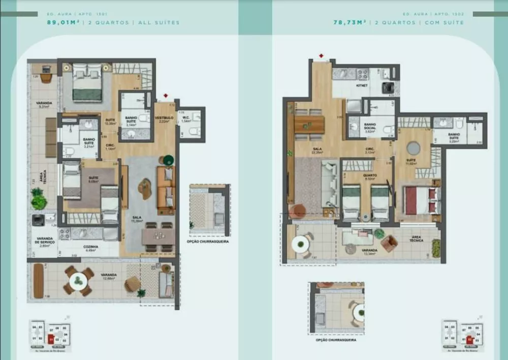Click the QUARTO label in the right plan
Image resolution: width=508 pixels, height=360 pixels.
[369, 175]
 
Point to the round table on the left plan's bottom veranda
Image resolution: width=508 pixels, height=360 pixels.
[78, 281]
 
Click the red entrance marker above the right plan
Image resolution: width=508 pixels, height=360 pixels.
[321, 55]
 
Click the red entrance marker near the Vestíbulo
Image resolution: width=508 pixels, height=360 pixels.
[166, 96]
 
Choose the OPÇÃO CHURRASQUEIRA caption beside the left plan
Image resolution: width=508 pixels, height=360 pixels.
[208, 242]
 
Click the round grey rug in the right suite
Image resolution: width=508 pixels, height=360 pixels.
[413, 148]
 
